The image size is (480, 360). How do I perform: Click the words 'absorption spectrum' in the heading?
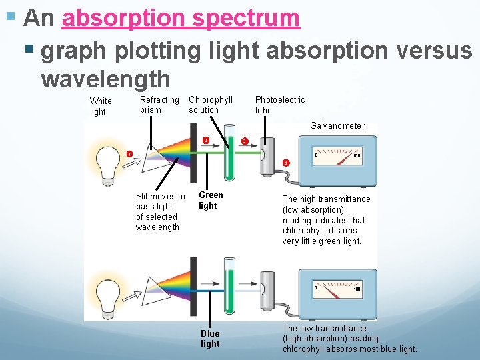(x=181, y=18)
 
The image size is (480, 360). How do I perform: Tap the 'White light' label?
(x=101, y=107)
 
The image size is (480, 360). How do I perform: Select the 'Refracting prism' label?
(x=159, y=105)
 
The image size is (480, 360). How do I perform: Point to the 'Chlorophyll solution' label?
(x=211, y=105)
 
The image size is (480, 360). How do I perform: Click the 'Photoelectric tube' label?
(x=279, y=105)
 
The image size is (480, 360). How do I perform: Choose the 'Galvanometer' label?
(x=337, y=125)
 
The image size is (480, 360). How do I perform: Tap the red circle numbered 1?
(x=129, y=154)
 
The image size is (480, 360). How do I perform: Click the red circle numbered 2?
(x=206, y=140)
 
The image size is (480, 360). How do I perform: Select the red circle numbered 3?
(x=245, y=141)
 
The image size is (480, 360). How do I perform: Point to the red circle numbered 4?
(x=285, y=163)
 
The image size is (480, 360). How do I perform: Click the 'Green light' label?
(x=211, y=200)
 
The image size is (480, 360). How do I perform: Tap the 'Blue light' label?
(x=210, y=339)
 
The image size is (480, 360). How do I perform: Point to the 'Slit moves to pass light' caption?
(x=160, y=211)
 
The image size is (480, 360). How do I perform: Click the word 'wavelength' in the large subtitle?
(x=105, y=79)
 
